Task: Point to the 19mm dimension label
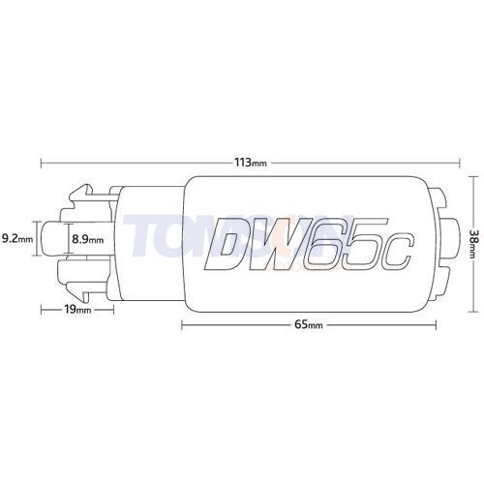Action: coord(78,311)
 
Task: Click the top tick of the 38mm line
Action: coord(473,175)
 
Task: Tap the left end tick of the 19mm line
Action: coord(43,311)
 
